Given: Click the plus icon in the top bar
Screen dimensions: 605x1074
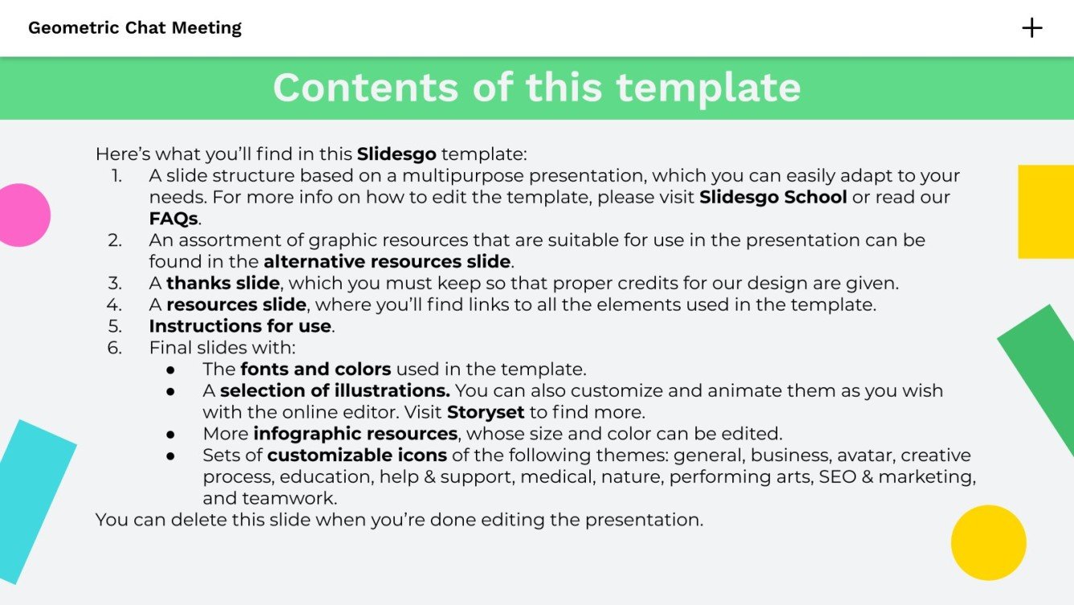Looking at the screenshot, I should pyautogui.click(x=1031, y=28).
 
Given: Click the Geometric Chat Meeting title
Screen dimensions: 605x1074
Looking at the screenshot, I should pyautogui.click(x=134, y=28).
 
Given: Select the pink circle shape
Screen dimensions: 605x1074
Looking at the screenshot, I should pyautogui.click(x=22, y=215).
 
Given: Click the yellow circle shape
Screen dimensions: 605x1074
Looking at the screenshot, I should pyautogui.click(x=988, y=542).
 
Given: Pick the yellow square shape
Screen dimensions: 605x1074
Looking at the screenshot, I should pyautogui.click(x=1046, y=212).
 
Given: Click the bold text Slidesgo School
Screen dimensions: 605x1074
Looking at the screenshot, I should pyautogui.click(x=773, y=197).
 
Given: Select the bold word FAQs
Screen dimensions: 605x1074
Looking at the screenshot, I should pyautogui.click(x=173, y=219).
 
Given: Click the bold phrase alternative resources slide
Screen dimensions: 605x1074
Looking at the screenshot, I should pyautogui.click(x=387, y=261).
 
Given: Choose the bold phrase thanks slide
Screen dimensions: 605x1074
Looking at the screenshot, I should pyautogui.click(x=223, y=283).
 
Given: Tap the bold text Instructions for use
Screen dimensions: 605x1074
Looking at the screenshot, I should pyautogui.click(x=240, y=327).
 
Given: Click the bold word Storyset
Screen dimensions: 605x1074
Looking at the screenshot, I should pyautogui.click(x=486, y=413).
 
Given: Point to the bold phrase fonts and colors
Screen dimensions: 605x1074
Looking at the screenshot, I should pyautogui.click(x=315, y=369).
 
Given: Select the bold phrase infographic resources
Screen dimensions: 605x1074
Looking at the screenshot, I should pyautogui.click(x=355, y=434).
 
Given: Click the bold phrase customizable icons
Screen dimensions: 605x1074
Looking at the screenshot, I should pyautogui.click(x=357, y=455).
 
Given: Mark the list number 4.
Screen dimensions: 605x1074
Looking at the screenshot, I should pyautogui.click(x=114, y=305).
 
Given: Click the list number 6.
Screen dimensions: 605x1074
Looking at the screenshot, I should pyautogui.click(x=114, y=348).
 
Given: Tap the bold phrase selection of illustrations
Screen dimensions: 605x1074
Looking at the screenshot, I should pyautogui.click(x=334, y=391).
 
